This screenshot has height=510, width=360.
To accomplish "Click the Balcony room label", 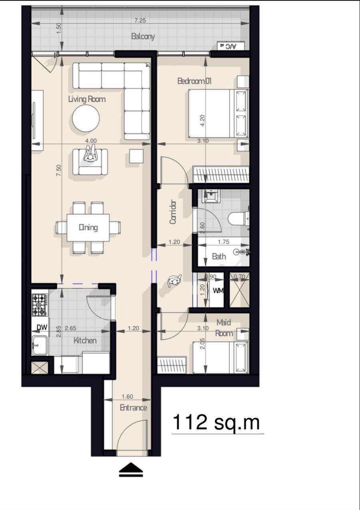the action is click(143, 36).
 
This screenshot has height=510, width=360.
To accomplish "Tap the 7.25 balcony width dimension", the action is click(140, 20).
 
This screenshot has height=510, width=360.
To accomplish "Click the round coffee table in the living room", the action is click(86, 118).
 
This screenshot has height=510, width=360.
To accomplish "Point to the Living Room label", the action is click(87, 99).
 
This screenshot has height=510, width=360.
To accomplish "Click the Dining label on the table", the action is click(88, 227).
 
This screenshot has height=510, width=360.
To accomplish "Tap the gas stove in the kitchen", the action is click(40, 305).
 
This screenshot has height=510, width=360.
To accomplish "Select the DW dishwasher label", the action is click(42, 327).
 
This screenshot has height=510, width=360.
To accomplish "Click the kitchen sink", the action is click(40, 345).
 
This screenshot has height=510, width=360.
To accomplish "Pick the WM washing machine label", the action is click(218, 291).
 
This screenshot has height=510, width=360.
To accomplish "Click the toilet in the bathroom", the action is click(238, 219).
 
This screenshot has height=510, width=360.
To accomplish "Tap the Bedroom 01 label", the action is click(194, 81).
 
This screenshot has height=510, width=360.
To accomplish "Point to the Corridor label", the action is click(173, 212).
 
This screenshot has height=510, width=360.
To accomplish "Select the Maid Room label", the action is click(224, 328).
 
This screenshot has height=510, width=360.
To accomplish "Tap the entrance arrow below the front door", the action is click(131, 470).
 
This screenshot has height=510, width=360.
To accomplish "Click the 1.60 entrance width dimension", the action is click(127, 396).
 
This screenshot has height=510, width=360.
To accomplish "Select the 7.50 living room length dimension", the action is click(59, 170).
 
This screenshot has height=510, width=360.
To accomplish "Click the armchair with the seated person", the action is click(90, 162).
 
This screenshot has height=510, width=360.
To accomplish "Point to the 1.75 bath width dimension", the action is click(224, 242).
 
